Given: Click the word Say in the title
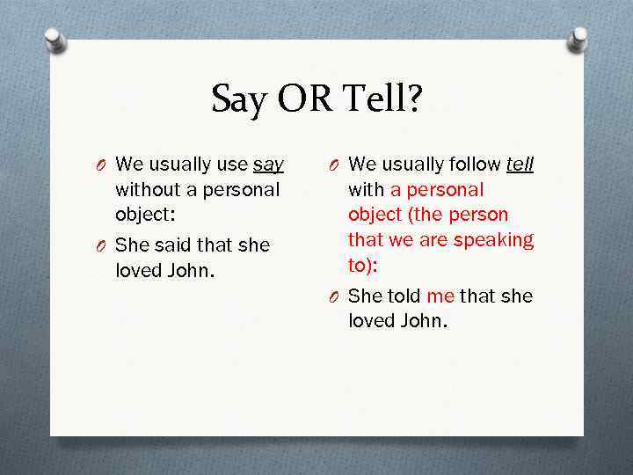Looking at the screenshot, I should [x=239, y=100].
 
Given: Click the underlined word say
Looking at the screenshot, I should [x=268, y=164].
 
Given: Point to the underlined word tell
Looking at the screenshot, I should [x=520, y=164].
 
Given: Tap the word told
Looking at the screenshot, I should [x=402, y=296].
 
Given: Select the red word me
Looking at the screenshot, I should [x=440, y=296].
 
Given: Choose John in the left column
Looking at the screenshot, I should [x=186, y=270].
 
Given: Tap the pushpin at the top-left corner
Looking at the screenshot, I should [x=55, y=40].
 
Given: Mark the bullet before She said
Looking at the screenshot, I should [x=103, y=245].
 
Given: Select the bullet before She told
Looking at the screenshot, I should [x=336, y=296].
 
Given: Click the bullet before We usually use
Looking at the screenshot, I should [x=103, y=165].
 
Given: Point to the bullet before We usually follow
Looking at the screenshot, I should [x=336, y=165].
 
